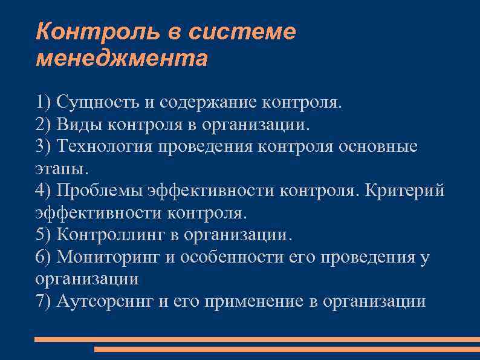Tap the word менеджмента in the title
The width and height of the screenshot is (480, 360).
tap(121, 59)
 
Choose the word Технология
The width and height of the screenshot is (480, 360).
tap(104, 146)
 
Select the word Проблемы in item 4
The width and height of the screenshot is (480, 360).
tap(100, 191)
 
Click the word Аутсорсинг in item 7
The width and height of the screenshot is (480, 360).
tap(106, 301)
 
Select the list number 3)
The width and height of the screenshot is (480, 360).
tap(44, 146)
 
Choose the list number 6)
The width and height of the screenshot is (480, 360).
tap(44, 257)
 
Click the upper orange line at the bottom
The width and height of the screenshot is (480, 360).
tap(256, 339)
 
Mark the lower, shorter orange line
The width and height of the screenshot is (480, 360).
tap(287, 349)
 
